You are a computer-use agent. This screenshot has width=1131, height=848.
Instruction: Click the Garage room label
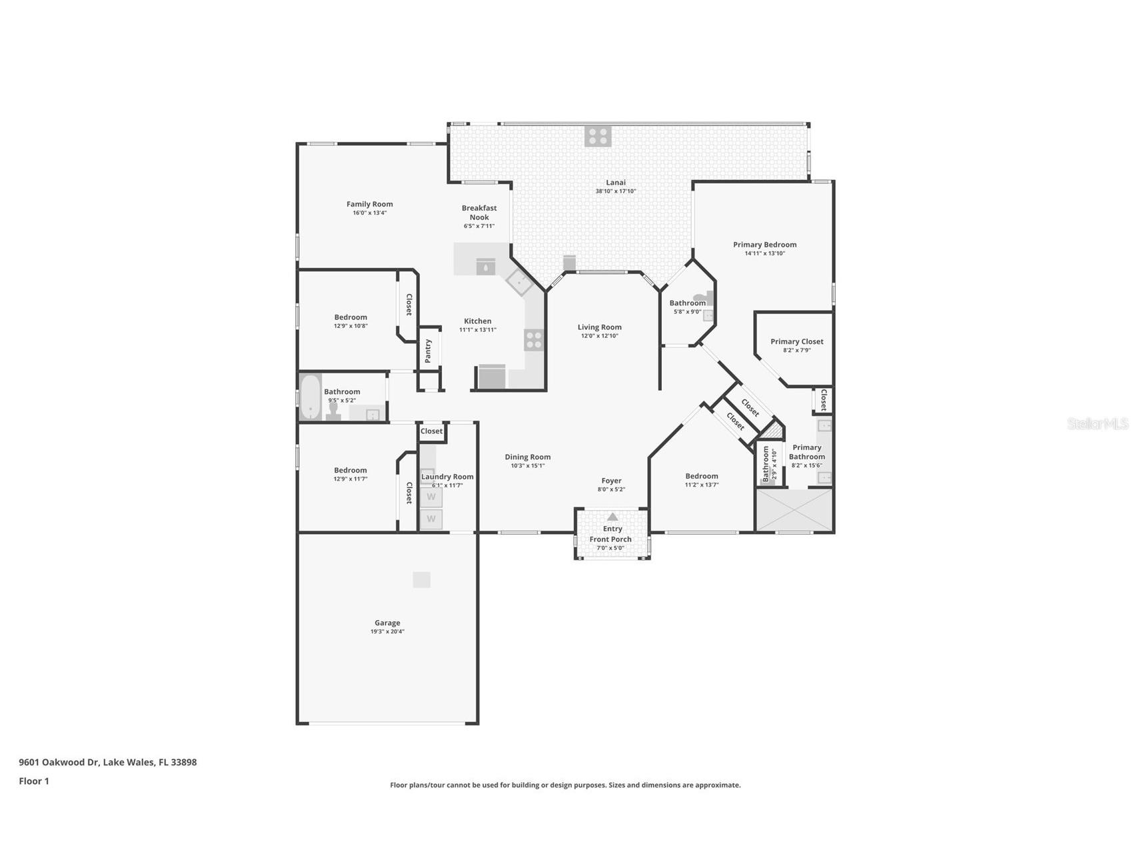click(387, 623)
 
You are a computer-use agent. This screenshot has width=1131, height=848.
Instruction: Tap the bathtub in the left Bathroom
click(311, 397)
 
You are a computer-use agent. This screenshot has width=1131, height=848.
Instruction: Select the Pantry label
click(428, 350)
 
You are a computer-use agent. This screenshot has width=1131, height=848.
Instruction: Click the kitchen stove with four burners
click(534, 340)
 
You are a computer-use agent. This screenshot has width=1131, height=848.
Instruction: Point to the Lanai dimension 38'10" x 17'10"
click(616, 191)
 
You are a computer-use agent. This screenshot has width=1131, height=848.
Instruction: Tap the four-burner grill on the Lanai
click(598, 136)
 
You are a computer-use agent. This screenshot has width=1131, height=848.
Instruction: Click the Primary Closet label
click(797, 341)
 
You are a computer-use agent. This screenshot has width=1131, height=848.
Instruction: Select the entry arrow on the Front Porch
click(612, 517)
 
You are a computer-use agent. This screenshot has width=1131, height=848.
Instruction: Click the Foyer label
click(611, 481)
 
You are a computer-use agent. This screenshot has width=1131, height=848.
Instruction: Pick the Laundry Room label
click(447, 477)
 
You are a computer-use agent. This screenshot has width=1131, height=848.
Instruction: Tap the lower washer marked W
click(431, 519)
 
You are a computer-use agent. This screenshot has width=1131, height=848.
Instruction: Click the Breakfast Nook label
click(479, 213)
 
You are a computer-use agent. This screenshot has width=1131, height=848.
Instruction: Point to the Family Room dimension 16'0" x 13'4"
click(370, 213)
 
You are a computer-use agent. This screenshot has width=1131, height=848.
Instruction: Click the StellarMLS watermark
click(1098, 423)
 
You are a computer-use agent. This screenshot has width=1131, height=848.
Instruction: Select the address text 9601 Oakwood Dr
click(59, 762)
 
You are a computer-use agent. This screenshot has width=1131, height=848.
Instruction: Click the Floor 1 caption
click(34, 781)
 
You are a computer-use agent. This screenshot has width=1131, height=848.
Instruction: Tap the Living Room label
click(600, 327)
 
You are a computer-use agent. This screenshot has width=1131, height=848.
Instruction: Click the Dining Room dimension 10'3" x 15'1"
click(528, 466)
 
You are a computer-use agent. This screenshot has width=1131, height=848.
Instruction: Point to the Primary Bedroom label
click(765, 245)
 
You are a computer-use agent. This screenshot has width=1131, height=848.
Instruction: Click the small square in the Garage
click(421, 579)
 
